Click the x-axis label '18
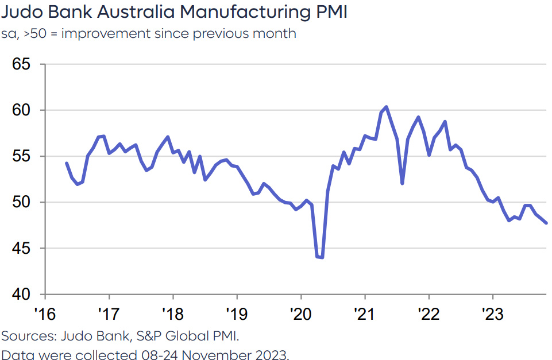pyautogui.click(x=172, y=315)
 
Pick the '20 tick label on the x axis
pyautogui.click(x=300, y=315)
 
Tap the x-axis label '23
pyautogui.click(x=492, y=315)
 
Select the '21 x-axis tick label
pyautogui.click(x=364, y=315)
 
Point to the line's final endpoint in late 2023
pyautogui.click(x=546, y=223)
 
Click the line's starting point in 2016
pyautogui.click(x=67, y=163)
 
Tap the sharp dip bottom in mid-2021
pyautogui.click(x=402, y=184)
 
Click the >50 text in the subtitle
pyautogui.click(x=39, y=33)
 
